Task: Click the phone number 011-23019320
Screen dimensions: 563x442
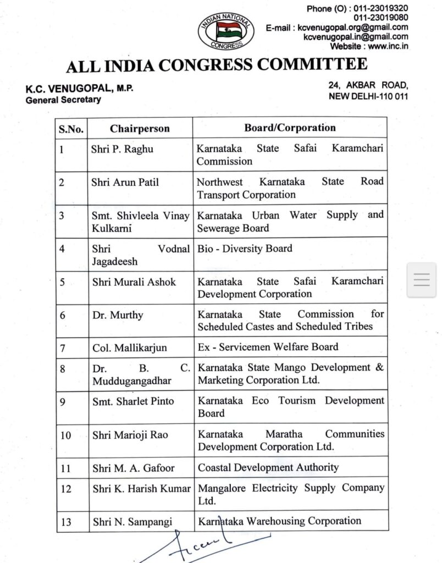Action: coord(380,9)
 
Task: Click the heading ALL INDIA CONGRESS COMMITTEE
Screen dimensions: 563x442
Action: coord(217,65)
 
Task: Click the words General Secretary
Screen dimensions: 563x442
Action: coord(63,100)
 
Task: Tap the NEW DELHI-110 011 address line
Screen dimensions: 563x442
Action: coord(368,96)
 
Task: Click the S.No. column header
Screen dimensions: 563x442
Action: coord(71,129)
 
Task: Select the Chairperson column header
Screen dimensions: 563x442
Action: coord(140,129)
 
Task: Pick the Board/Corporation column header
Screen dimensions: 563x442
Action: coord(290,128)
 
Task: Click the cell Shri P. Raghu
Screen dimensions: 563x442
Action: coord(122,149)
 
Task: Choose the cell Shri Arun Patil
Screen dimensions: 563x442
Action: coord(125,182)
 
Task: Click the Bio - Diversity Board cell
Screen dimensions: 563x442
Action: coord(245,249)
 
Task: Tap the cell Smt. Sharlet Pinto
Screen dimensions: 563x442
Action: coord(132,401)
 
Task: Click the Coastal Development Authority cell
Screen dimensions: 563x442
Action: coord(268,467)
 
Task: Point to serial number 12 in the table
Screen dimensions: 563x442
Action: coord(66,488)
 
